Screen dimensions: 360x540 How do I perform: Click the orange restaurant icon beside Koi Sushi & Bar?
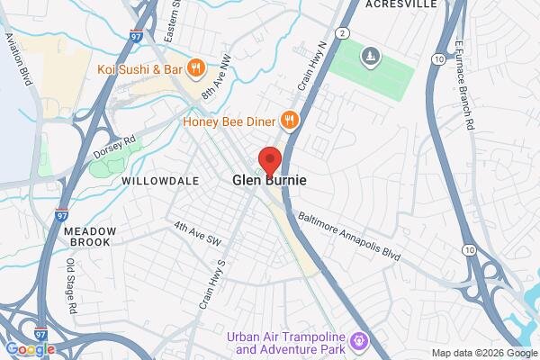coord(196,67)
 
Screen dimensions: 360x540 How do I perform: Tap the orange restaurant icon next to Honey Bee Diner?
coord(288,119)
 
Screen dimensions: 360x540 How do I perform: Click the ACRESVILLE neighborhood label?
coord(401,4)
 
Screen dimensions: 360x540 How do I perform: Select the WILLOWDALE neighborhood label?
coord(159,181)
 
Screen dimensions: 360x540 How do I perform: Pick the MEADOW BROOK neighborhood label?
coord(90,237)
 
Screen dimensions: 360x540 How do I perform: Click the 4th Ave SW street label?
coord(197,233)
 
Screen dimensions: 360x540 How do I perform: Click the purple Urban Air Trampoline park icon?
coord(360,341)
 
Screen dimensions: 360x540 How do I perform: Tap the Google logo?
coord(30,349)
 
